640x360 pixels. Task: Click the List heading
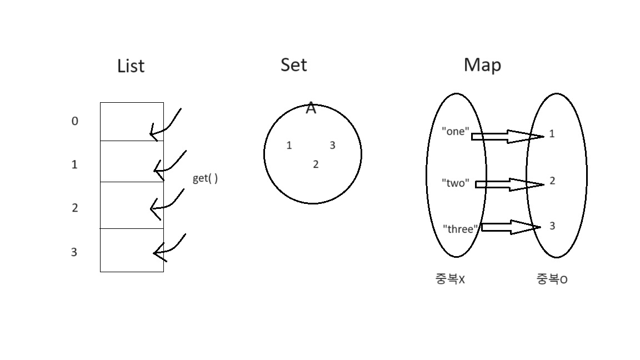coord(131,66)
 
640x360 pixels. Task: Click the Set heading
coord(293,64)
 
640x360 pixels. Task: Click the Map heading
coord(482,65)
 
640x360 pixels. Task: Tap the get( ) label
coord(205,178)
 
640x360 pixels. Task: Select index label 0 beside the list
coord(75,121)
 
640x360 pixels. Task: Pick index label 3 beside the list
coord(74,252)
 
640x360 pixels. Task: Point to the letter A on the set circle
coord(311,109)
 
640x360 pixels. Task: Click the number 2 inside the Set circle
coord(316,164)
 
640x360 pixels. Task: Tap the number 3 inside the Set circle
coord(332,146)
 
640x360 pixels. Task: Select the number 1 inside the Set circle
coord(289,146)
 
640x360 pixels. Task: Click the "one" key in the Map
coord(456,132)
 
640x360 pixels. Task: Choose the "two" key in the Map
coord(456,183)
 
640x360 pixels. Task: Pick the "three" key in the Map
coord(460,229)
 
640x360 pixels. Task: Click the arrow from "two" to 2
coord(508,184)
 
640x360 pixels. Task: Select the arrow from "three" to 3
coord(510,227)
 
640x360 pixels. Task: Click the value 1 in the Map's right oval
coord(552,133)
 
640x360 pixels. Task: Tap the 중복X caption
coord(450,279)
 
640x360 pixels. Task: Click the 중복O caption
coord(552,279)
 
